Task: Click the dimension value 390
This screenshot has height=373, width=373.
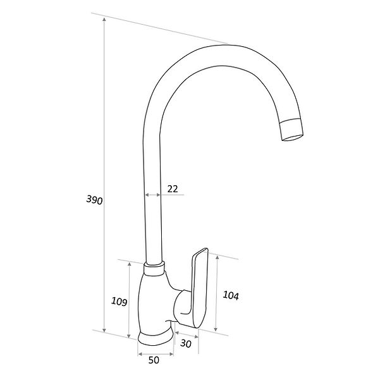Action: tap(94, 200)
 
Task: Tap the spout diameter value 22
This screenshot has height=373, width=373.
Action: tap(173, 188)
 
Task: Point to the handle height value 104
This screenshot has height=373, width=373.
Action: tap(230, 295)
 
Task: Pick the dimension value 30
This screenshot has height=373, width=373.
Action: tap(186, 343)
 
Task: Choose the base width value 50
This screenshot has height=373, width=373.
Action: tap(154, 360)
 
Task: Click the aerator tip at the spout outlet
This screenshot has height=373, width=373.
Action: tap(292, 131)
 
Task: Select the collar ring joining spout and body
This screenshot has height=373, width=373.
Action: tap(154, 269)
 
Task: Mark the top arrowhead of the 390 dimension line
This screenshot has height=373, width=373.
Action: tap(104, 19)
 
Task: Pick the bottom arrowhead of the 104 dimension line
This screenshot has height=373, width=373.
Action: tap(216, 330)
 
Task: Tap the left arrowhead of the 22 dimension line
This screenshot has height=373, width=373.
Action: tap(147, 195)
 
